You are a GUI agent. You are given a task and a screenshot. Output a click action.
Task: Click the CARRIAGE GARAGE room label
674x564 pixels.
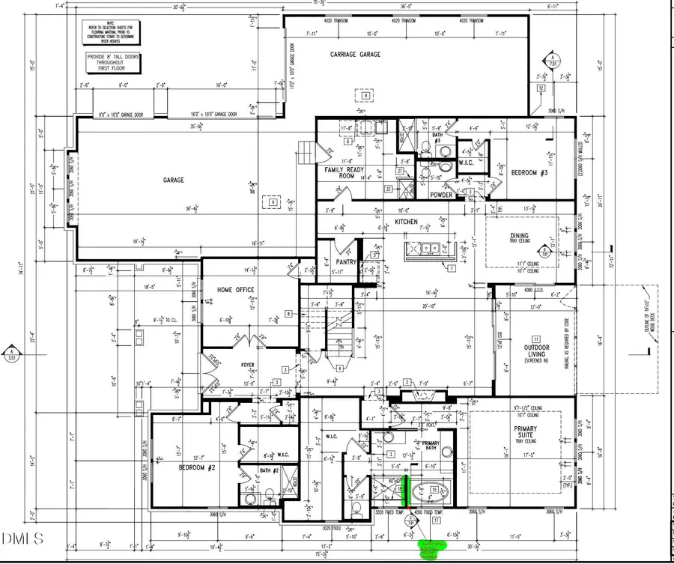click(355, 55)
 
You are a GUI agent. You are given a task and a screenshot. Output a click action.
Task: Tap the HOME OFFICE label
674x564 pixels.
click(235, 290)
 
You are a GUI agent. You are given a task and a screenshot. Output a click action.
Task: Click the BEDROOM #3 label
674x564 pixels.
click(529, 173)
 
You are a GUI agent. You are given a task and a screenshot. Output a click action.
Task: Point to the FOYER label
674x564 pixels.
click(248, 366)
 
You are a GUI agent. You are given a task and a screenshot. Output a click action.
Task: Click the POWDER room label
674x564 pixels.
click(441, 195)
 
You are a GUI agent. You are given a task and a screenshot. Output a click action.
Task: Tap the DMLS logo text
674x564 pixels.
click(22, 538)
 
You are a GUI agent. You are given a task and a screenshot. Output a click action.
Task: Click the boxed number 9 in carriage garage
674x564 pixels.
click(365, 96)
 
